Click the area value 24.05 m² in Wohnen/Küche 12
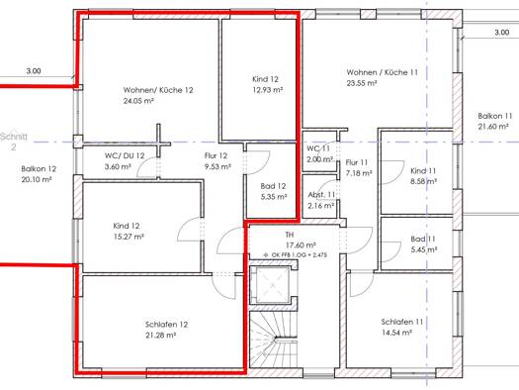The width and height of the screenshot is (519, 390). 138,101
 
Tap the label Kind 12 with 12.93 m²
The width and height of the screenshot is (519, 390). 266,79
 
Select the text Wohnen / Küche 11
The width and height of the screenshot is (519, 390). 382,72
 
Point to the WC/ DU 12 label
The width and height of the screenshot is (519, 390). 125,155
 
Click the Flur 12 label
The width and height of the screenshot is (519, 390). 216,155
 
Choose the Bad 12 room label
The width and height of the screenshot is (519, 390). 273,186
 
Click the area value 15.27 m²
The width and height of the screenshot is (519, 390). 129,237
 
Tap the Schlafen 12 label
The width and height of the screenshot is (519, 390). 166,325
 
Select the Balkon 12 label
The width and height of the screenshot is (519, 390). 39,169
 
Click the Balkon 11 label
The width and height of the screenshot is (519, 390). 495,116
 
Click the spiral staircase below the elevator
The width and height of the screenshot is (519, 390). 274,340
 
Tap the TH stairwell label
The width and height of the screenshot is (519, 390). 290,235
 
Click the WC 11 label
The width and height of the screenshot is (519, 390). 318,148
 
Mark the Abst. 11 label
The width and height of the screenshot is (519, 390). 321,195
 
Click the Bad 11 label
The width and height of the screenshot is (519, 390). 423,239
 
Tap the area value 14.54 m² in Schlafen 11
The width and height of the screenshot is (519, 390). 396,333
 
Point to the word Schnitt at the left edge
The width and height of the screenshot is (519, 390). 14,137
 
